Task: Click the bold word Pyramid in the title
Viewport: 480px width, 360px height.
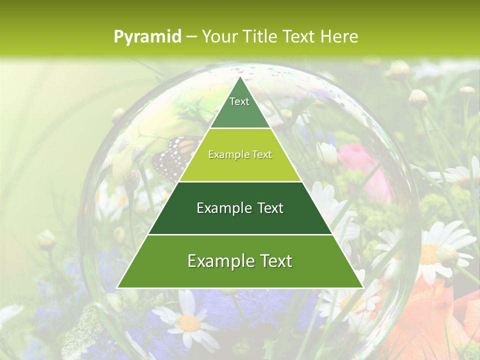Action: click(x=147, y=37)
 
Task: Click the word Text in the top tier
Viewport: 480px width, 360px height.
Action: click(x=239, y=101)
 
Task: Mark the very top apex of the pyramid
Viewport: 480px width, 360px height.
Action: click(x=240, y=78)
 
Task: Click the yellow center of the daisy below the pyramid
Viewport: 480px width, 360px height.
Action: click(x=188, y=322)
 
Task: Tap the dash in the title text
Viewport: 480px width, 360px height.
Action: click(x=191, y=37)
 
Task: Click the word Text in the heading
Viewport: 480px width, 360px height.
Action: click(x=299, y=36)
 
